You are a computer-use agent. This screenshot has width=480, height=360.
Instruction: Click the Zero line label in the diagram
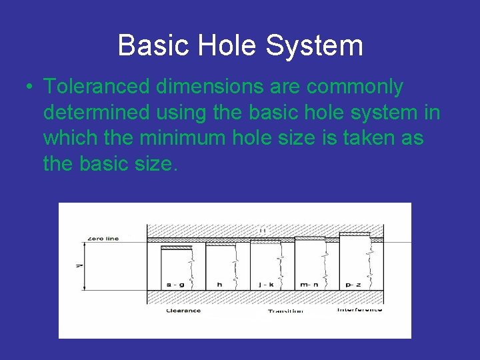103,239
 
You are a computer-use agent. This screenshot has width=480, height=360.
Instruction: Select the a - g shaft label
175,285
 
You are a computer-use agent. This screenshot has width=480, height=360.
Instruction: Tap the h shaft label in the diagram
219,285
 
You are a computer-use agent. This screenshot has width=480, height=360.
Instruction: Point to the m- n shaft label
309,285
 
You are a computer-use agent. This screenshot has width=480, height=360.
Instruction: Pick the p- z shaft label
354,285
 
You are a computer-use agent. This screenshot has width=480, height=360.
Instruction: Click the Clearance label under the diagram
183,311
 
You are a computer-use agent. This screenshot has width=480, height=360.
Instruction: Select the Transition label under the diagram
285,311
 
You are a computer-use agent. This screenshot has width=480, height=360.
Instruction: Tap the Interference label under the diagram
359,309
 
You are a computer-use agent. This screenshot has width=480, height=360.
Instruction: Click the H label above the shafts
263,230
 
